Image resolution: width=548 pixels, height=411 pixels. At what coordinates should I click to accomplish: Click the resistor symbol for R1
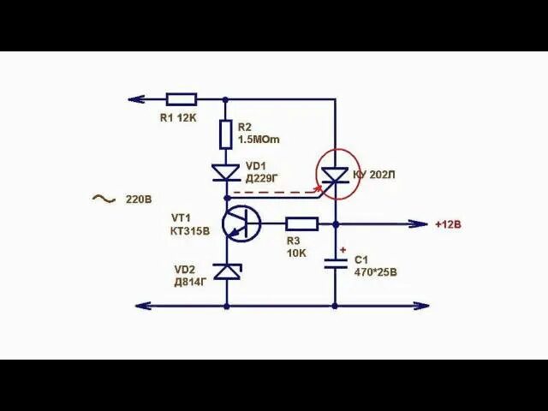pyautogui.click(x=182, y=99)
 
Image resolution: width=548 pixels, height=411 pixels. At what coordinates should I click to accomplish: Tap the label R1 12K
pyautogui.click(x=178, y=118)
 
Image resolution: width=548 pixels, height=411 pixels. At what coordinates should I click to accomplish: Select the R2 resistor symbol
pyautogui.click(x=226, y=134)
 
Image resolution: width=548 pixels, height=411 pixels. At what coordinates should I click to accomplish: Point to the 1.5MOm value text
pyautogui.click(x=259, y=140)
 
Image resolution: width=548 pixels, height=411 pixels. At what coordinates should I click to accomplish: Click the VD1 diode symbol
pyautogui.click(x=226, y=172)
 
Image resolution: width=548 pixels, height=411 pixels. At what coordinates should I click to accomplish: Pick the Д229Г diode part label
pyautogui.click(x=263, y=178)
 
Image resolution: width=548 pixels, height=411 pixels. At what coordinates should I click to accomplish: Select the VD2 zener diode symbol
pyautogui.click(x=226, y=271)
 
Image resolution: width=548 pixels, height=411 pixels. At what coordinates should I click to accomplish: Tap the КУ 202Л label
pyautogui.click(x=375, y=176)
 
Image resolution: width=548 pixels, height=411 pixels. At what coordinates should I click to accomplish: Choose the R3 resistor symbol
pyautogui.click(x=301, y=224)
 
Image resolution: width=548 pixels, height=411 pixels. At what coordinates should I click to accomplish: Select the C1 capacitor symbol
pyautogui.click(x=335, y=263)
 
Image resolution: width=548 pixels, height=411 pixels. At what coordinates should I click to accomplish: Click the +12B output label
pyautogui.click(x=448, y=224)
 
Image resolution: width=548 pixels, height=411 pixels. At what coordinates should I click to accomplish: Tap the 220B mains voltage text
pyautogui.click(x=139, y=200)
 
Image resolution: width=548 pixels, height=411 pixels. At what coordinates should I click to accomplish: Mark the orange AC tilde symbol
pyautogui.click(x=103, y=199)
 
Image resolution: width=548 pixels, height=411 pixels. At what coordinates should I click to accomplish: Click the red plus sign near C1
pyautogui.click(x=343, y=251)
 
